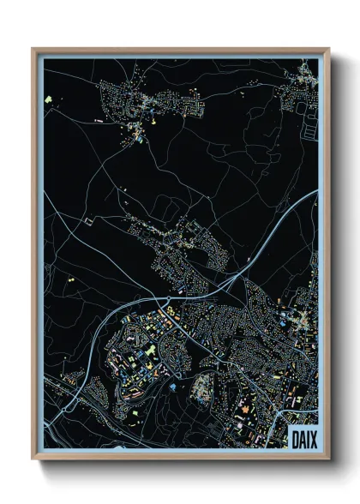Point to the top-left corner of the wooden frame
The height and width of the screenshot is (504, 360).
click(33, 49)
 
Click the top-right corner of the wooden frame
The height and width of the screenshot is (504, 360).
click(329, 49)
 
